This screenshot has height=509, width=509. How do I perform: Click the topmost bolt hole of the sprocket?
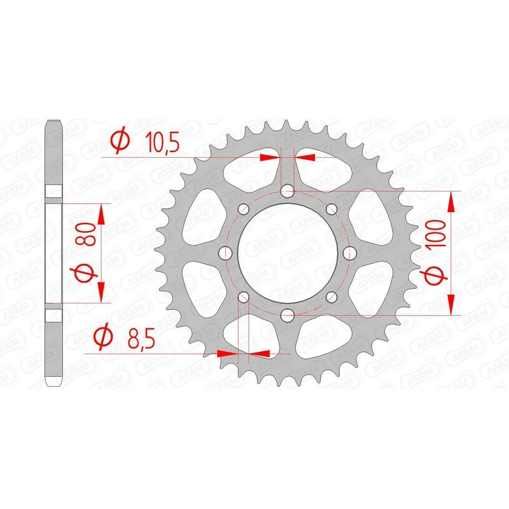click(x=287, y=190)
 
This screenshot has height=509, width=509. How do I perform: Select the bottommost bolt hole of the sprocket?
click(x=287, y=314)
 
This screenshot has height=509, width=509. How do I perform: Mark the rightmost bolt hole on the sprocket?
click(x=348, y=253)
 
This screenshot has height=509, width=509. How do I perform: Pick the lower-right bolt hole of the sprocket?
click(x=330, y=296)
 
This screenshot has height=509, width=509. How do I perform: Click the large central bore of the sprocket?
click(x=287, y=253)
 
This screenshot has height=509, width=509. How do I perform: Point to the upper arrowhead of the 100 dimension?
click(x=450, y=202)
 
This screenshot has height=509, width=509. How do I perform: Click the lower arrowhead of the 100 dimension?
click(x=450, y=303)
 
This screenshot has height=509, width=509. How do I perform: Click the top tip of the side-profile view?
click(x=53, y=120)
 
